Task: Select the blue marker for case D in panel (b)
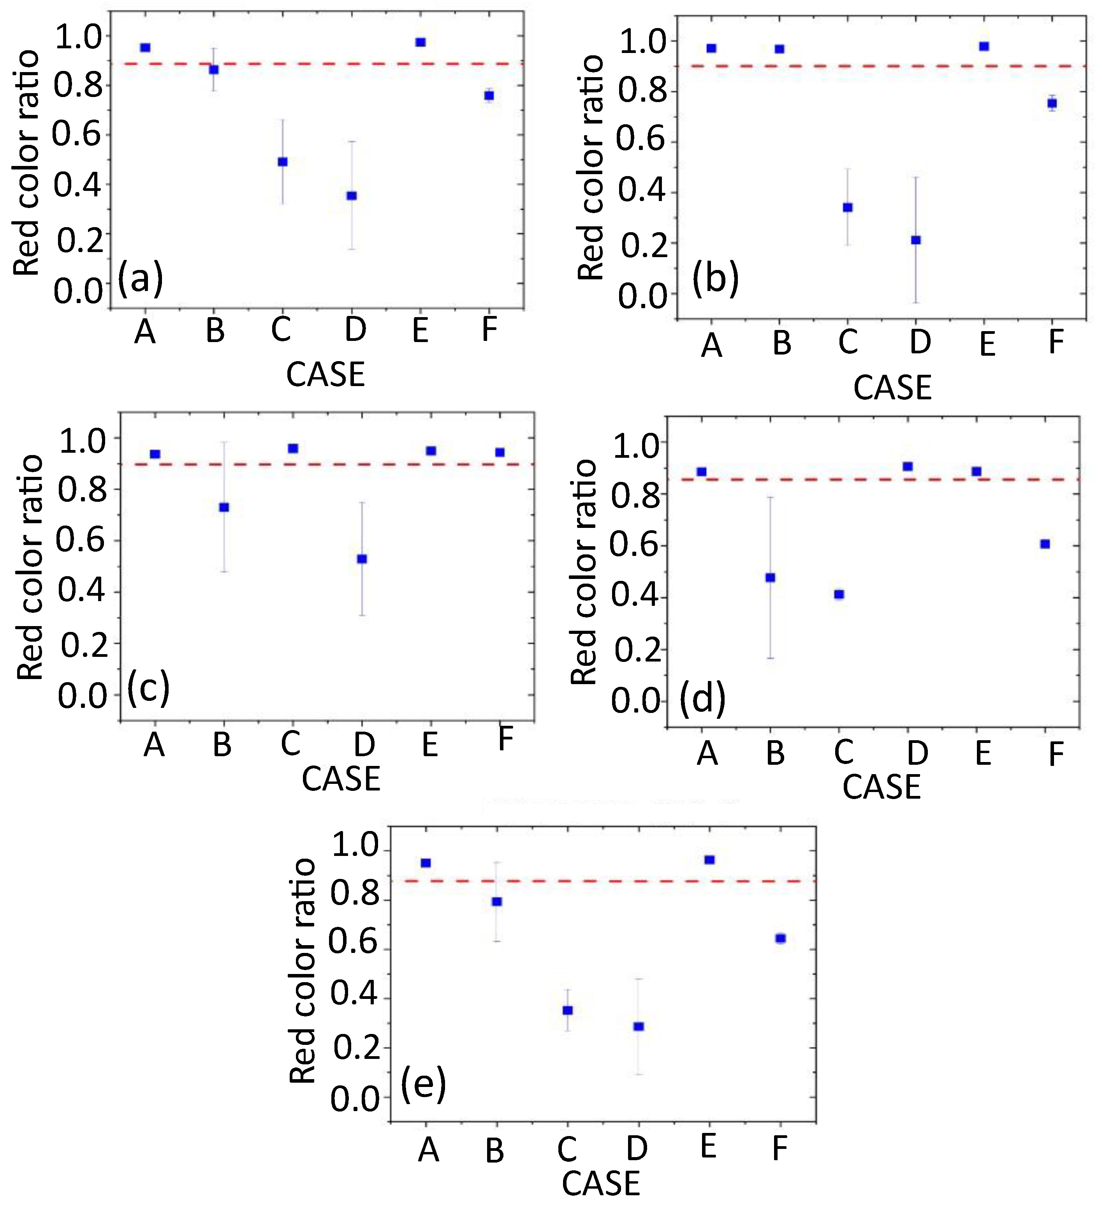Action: (x=916, y=240)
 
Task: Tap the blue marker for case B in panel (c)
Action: (x=224, y=507)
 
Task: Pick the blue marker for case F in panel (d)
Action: (x=1045, y=543)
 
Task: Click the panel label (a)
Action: (x=141, y=278)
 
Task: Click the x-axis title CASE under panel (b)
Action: (x=892, y=387)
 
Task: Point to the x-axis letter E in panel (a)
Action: (x=420, y=329)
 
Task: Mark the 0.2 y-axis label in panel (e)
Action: (x=356, y=1048)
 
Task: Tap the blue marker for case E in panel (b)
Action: (x=984, y=46)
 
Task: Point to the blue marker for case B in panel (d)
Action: (x=770, y=577)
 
